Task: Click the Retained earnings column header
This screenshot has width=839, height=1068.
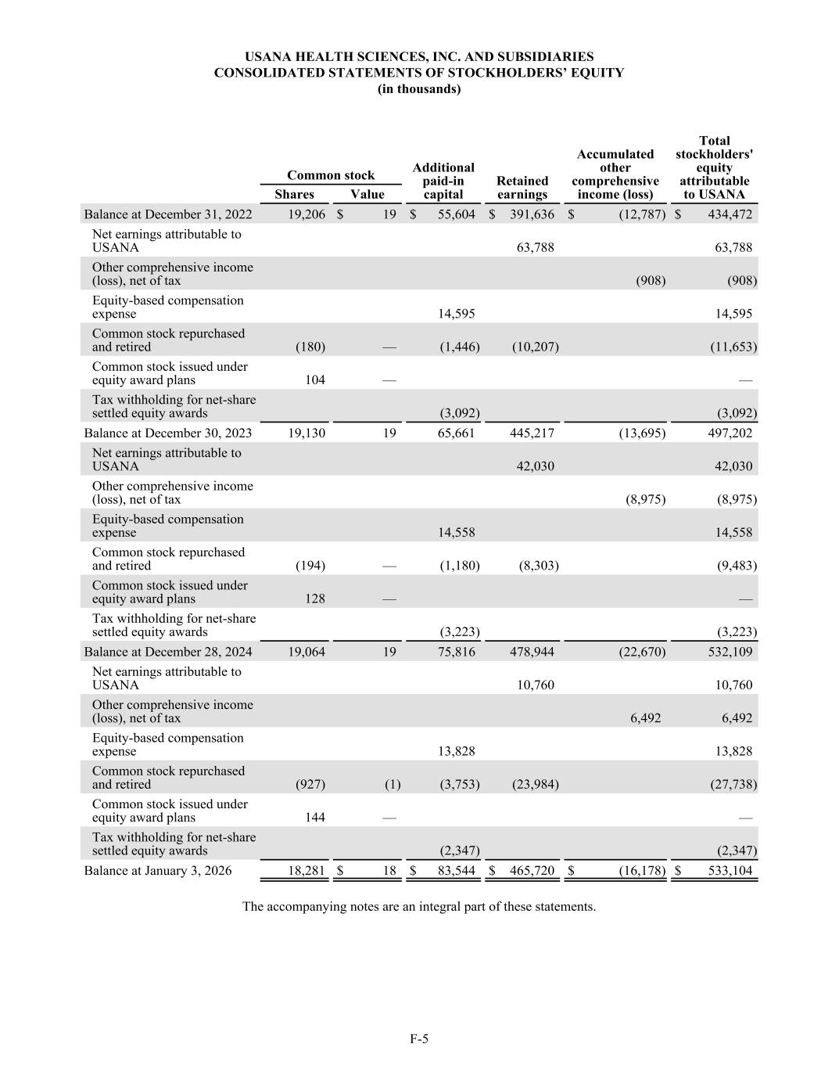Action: (x=522, y=188)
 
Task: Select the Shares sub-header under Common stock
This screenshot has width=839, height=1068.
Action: (x=294, y=195)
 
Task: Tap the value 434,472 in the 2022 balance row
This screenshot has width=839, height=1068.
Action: (x=730, y=214)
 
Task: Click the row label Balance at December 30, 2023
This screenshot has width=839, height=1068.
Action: (x=168, y=433)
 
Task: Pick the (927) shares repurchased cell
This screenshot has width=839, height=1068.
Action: (x=310, y=784)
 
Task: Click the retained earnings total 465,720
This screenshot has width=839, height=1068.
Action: (x=532, y=870)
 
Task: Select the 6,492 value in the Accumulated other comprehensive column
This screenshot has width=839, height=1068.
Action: (x=645, y=718)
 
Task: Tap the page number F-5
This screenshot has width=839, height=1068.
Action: (x=419, y=1039)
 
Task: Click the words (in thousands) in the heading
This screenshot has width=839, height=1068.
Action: (x=419, y=89)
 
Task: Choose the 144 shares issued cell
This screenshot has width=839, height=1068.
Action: (x=314, y=818)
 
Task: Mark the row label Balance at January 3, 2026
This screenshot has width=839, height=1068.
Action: (x=158, y=870)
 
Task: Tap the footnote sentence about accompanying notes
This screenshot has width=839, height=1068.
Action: (x=419, y=907)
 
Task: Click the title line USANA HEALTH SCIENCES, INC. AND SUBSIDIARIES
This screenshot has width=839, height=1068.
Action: (x=419, y=57)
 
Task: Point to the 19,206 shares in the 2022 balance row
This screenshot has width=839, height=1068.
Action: (x=307, y=214)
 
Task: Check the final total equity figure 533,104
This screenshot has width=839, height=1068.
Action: (x=730, y=870)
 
